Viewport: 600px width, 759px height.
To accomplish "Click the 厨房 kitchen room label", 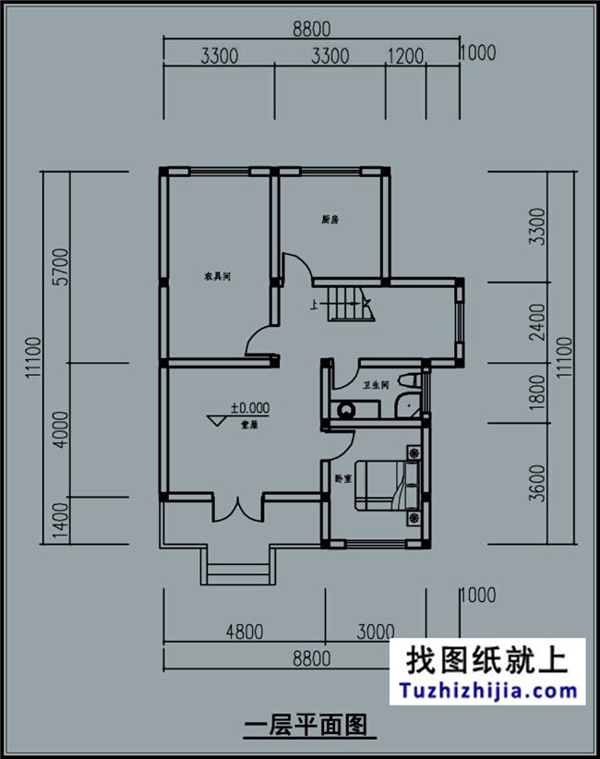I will click(x=330, y=220).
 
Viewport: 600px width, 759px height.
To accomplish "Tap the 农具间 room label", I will click(x=217, y=276).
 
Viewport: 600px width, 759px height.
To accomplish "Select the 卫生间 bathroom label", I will click(x=375, y=385).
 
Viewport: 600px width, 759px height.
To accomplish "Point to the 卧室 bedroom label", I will click(x=342, y=478).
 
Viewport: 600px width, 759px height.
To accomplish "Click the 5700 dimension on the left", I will click(x=60, y=268).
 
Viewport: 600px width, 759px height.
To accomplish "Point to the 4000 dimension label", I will click(x=60, y=428).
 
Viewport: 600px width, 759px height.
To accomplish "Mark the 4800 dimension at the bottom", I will click(x=244, y=632).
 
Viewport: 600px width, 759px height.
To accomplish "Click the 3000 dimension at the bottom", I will click(x=375, y=632).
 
